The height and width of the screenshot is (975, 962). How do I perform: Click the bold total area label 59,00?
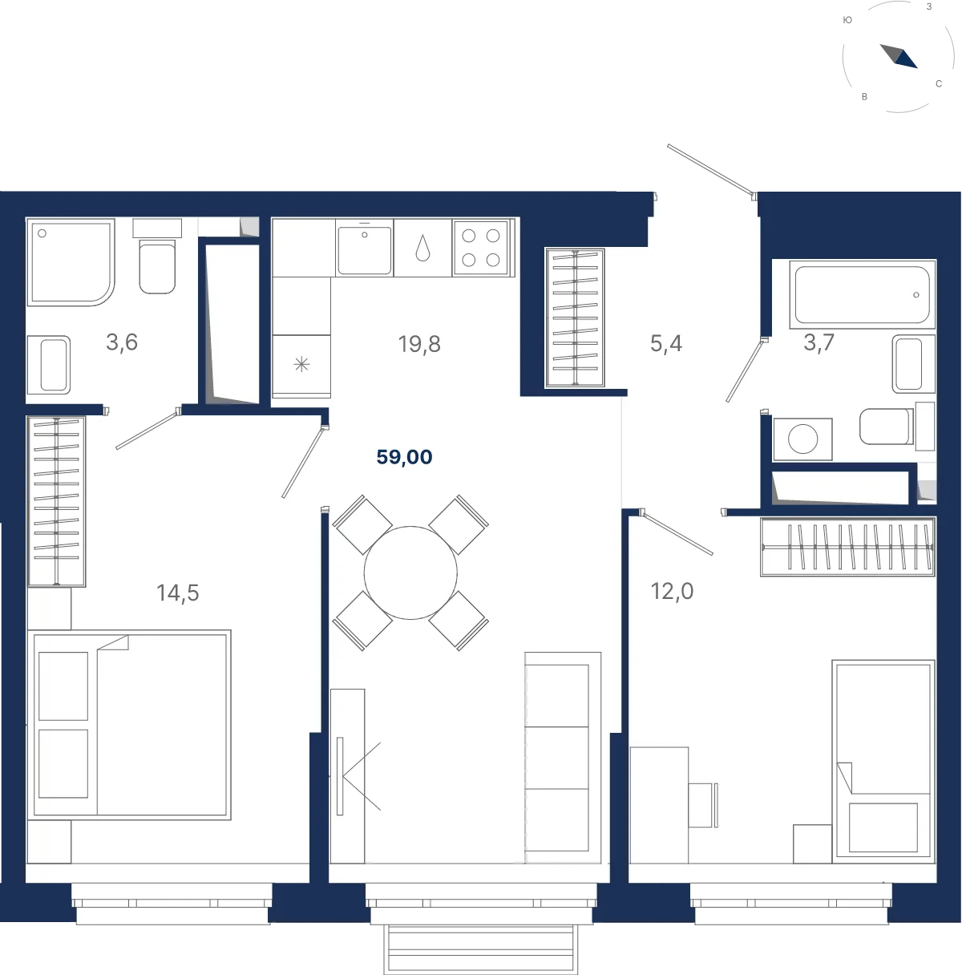(404, 457)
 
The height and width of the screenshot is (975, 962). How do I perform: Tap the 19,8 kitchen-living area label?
(419, 344)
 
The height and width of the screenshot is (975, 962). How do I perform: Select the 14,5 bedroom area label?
(178, 593)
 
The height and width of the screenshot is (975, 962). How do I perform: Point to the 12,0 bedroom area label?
(672, 591)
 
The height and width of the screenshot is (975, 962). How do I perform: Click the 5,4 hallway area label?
(666, 343)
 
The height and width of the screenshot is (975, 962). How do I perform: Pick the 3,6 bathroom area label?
(122, 342)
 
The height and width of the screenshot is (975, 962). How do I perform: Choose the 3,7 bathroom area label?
(819, 342)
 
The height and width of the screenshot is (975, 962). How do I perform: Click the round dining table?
(410, 572)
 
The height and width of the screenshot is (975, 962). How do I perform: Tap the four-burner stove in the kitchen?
(481, 248)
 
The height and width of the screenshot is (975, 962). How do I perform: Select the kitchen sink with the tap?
(364, 249)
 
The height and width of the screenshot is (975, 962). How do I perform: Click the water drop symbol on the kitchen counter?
(422, 249)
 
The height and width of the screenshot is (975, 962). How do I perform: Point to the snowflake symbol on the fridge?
(301, 364)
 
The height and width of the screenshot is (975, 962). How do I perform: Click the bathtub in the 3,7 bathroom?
(863, 295)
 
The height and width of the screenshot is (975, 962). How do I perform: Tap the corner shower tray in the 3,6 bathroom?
(71, 262)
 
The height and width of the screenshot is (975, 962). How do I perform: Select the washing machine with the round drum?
(803, 439)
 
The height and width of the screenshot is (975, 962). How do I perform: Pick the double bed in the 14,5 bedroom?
(130, 725)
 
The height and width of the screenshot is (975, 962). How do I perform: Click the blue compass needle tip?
(916, 67)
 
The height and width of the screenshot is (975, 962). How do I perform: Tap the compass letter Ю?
(847, 20)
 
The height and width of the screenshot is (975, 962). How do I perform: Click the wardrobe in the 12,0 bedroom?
(847, 547)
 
